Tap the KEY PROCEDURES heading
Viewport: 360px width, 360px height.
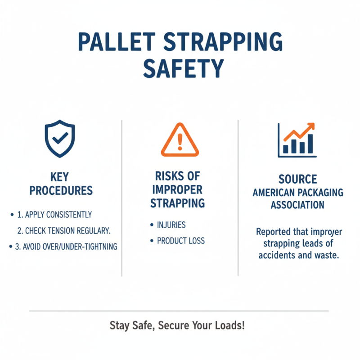[61, 183]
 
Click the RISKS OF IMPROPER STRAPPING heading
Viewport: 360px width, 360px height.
[177, 189]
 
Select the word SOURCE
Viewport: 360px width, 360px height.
[297, 180]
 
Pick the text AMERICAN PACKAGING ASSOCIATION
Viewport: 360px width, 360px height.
[297, 198]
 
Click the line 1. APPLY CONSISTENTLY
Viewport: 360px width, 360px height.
[54, 215]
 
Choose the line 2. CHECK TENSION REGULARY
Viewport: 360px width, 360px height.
[64, 231]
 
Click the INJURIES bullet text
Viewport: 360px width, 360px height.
[171, 225]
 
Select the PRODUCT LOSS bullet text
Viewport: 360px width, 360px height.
[180, 241]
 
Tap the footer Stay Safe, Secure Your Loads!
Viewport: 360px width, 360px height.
[177, 325]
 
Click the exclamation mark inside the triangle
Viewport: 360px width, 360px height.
[180, 142]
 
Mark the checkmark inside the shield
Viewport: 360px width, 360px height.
[59, 139]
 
